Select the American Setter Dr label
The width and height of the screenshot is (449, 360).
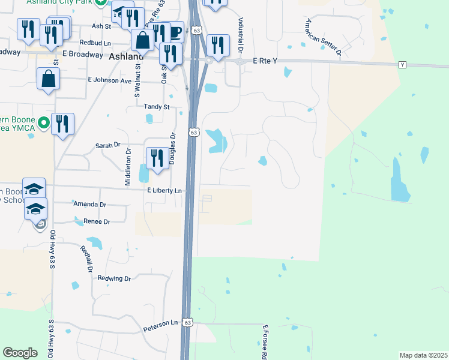tap(322, 38)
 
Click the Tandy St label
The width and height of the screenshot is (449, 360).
tap(157, 106)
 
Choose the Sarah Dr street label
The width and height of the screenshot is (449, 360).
tap(108, 145)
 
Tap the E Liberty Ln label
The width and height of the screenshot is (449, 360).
tap(164, 190)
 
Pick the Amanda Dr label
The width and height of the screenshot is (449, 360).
tap(89, 204)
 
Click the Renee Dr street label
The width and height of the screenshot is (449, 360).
tap(97, 221)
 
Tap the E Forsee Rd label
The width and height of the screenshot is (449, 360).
tap(264, 342)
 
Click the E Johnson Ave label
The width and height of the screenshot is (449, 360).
tap(109, 80)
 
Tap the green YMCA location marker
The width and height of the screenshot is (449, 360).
tap(43, 124)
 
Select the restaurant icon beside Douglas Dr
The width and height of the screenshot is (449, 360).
tap(155, 158)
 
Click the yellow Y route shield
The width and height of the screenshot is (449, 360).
tap(402, 64)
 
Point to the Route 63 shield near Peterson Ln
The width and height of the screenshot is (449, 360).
tap(188, 322)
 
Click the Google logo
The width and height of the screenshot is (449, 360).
tap(20, 353)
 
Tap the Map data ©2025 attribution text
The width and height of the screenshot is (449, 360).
tap(424, 355)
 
